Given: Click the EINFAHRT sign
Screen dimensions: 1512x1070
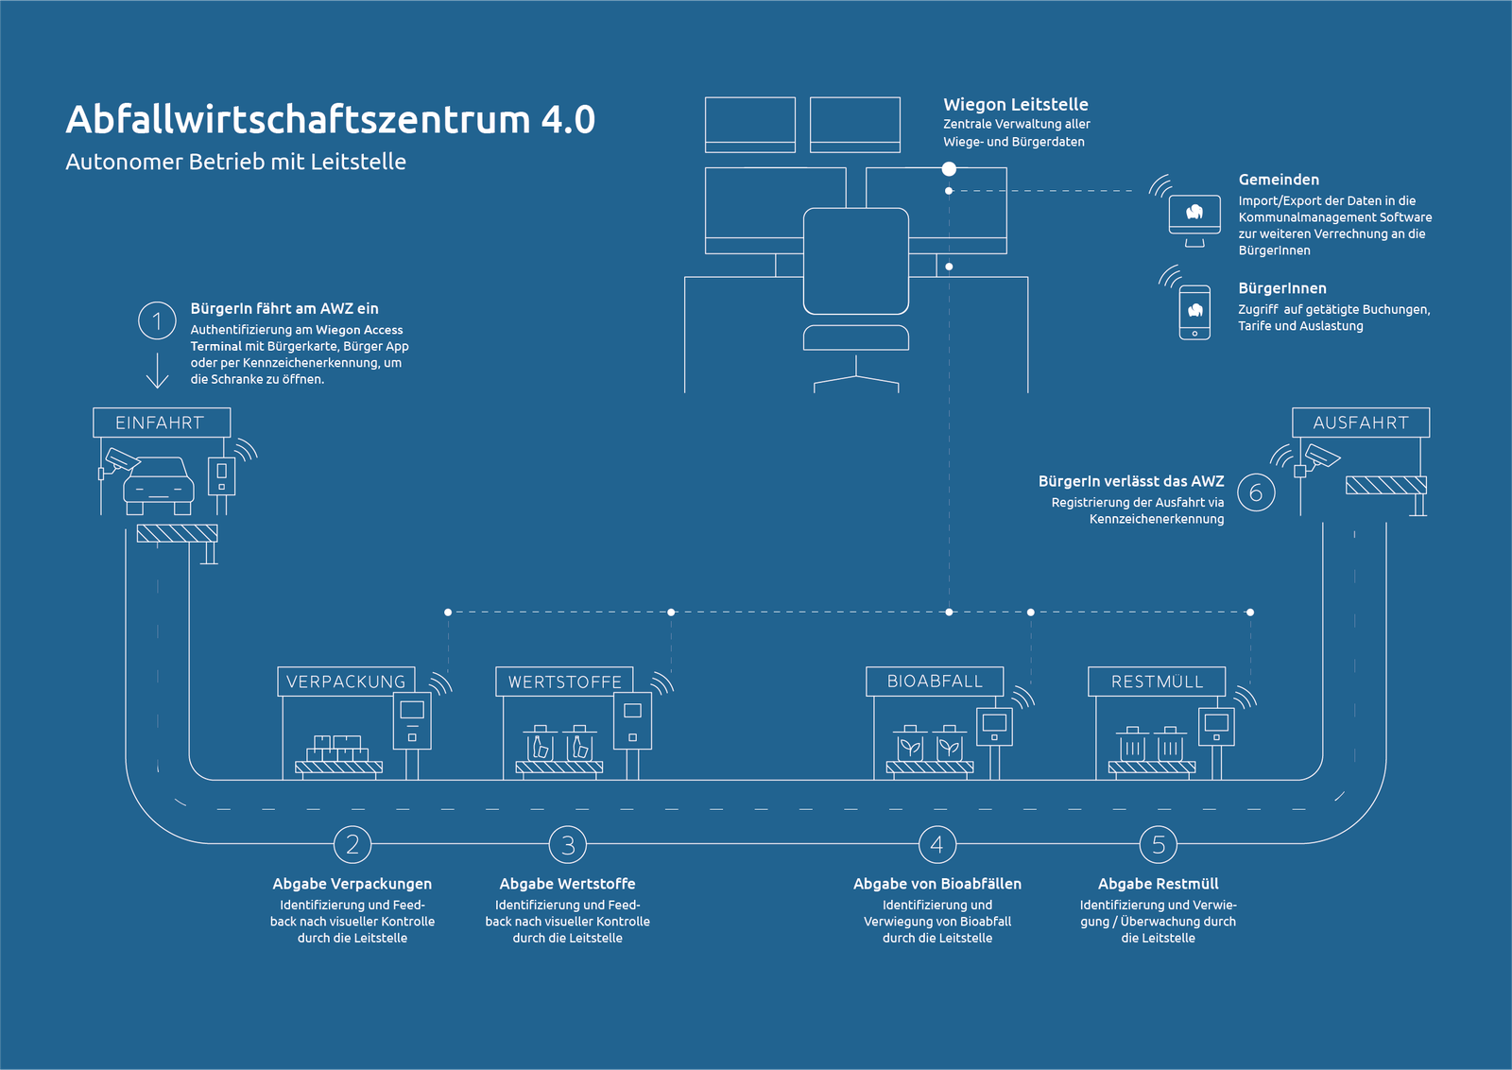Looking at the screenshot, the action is [x=162, y=423].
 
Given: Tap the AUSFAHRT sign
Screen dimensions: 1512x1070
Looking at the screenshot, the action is [x=1361, y=423].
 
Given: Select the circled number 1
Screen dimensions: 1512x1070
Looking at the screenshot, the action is [x=157, y=320].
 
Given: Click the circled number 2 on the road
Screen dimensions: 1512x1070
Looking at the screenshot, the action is [x=352, y=844].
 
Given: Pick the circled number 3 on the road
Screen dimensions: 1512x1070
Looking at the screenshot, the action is [x=568, y=844].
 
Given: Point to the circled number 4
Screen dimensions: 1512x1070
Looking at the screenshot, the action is [x=937, y=844].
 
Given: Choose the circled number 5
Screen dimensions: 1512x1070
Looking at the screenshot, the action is [x=1159, y=844].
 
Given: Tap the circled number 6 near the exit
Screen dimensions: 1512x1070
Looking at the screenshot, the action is [x=1256, y=492].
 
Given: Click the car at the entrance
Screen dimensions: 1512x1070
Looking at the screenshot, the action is [x=159, y=486].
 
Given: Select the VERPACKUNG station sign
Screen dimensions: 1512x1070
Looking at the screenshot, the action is [x=346, y=682].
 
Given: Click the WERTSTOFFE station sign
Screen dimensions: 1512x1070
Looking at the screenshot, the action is [x=564, y=682].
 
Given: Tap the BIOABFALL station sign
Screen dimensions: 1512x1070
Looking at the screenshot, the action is [x=935, y=682].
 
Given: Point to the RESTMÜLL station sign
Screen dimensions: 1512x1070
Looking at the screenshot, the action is [x=1157, y=682].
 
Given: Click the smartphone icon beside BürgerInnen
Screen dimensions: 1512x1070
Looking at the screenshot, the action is [x=1194, y=313].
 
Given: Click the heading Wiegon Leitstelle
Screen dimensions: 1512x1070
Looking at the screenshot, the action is [x=1016, y=105].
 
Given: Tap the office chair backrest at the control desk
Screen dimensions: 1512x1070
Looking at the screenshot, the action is [x=856, y=261].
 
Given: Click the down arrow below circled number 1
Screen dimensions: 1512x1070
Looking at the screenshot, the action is [x=157, y=370].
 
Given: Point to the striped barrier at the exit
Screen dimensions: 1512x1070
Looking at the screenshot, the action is [x=1386, y=485].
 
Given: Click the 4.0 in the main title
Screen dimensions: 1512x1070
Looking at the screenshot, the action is [x=568, y=119].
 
